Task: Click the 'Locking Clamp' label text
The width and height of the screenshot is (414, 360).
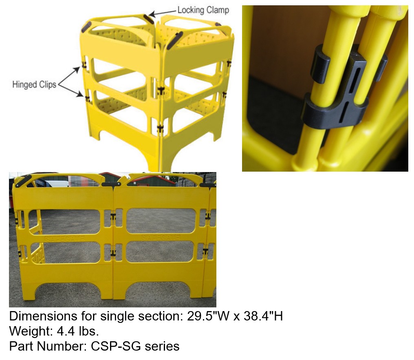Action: tap(203, 10)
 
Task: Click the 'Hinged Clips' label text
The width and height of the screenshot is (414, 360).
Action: tap(34, 84)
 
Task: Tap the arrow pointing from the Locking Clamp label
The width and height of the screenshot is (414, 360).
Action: tap(162, 13)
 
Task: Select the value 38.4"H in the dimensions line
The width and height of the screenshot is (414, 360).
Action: tap(263, 316)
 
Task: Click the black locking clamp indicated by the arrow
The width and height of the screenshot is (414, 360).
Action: tap(149, 19)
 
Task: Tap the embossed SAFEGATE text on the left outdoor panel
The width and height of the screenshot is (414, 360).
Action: tap(65, 238)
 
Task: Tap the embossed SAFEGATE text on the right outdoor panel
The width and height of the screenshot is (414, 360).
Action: tap(161, 237)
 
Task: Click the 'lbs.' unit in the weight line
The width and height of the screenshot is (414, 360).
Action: tap(89, 331)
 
